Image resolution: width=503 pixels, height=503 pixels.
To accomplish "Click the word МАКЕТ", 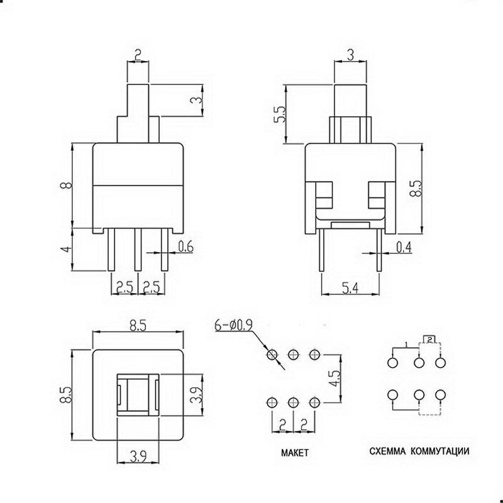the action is [294, 453].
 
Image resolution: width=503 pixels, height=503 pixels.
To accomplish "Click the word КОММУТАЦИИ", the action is [439, 451].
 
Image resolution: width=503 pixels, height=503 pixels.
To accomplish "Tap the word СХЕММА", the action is [387, 451].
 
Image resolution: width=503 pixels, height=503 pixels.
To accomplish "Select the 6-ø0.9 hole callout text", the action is [233, 326].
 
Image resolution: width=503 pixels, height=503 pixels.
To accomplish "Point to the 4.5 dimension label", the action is [336, 378].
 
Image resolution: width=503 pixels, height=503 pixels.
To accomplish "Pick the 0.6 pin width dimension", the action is [185, 246].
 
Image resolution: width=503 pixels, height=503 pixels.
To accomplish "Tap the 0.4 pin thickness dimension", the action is [404, 247].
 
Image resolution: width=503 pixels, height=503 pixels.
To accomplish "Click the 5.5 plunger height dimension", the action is [279, 114].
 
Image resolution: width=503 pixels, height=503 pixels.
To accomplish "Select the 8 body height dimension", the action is [67, 185].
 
